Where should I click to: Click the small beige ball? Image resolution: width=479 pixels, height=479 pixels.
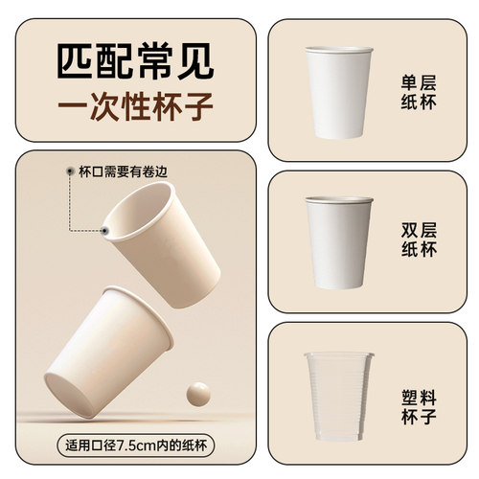199,392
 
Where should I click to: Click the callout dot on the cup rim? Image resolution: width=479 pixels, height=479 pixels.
106,231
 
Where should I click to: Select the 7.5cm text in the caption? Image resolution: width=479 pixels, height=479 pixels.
129,444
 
